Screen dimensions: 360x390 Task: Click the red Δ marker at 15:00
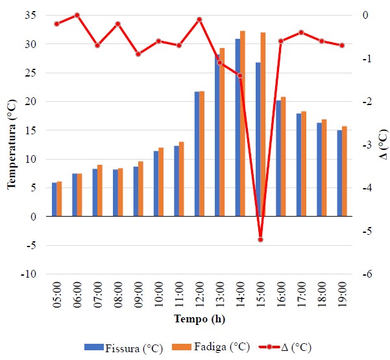[260, 239]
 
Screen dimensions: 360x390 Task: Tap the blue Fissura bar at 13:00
[217, 136]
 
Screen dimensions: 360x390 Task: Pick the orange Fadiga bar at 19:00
[345, 171]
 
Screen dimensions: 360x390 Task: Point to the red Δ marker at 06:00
[77, 15]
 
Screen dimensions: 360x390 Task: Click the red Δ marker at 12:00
[199, 19]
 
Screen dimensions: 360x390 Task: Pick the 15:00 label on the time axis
[261, 295]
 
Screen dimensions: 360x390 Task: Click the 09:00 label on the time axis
[138, 295]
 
